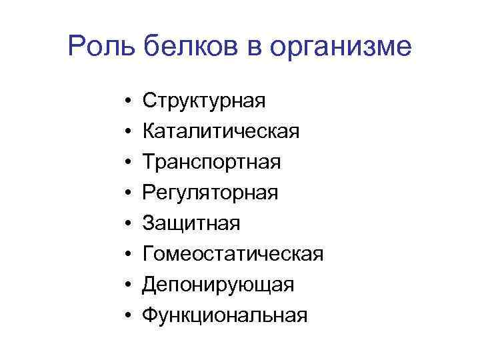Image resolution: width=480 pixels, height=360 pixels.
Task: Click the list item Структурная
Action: (x=205, y=101)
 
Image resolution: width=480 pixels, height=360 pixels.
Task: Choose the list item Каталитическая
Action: (x=221, y=132)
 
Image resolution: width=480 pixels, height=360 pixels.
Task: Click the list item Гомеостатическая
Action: (x=233, y=254)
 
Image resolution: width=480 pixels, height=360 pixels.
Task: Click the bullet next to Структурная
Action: (x=127, y=101)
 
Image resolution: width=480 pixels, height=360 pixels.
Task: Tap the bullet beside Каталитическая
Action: (x=127, y=132)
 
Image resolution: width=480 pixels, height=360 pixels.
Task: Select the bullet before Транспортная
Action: (x=127, y=163)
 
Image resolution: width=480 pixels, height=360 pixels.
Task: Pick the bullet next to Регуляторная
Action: (x=127, y=193)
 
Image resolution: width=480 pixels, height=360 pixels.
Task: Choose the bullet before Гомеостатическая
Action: (x=127, y=254)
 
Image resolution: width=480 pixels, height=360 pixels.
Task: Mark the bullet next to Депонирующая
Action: (x=127, y=285)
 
